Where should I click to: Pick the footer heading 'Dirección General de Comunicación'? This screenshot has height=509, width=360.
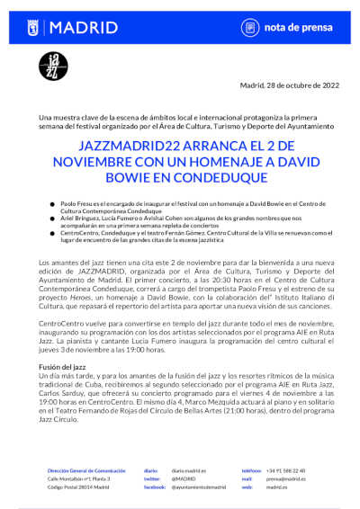pos(86,469)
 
